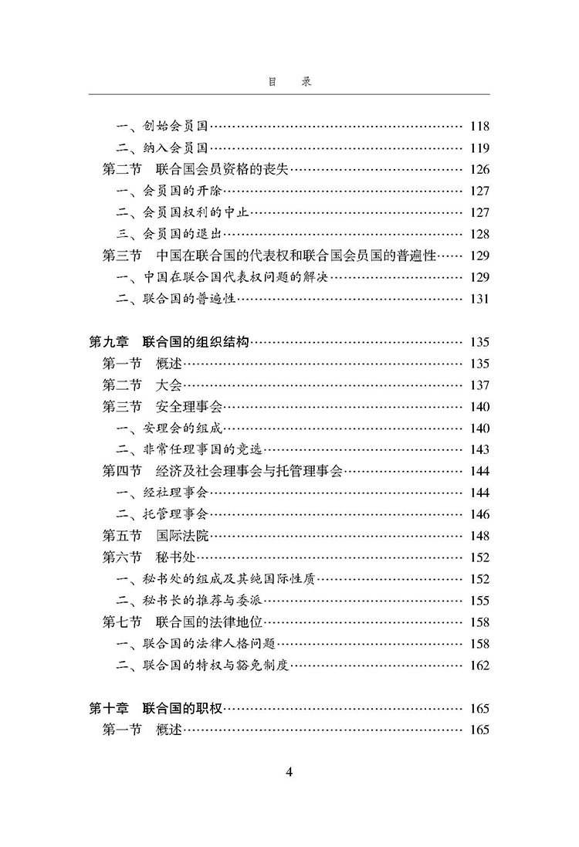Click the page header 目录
289,81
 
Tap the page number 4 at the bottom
289,771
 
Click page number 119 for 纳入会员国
479,148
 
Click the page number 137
479,385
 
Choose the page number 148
479,535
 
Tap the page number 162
479,665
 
